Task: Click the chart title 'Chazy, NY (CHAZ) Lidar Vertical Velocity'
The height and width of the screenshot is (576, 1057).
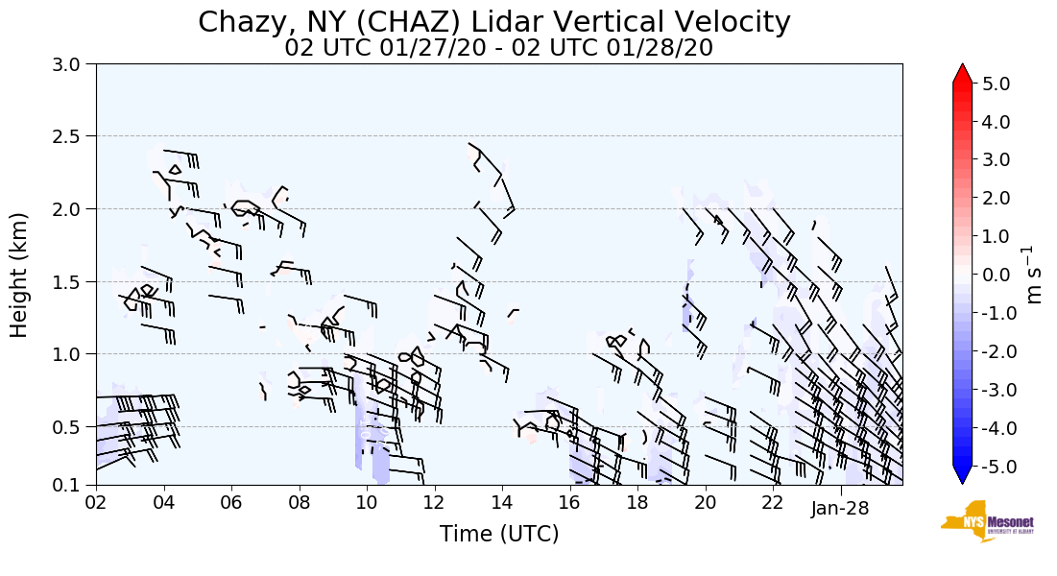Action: coord(494,22)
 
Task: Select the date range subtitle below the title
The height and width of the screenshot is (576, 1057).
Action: coord(498,48)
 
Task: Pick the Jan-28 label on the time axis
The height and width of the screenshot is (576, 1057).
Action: coord(840,508)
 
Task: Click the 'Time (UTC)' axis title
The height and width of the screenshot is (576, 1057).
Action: coord(499,534)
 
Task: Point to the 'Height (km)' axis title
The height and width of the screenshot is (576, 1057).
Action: coord(20,275)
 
